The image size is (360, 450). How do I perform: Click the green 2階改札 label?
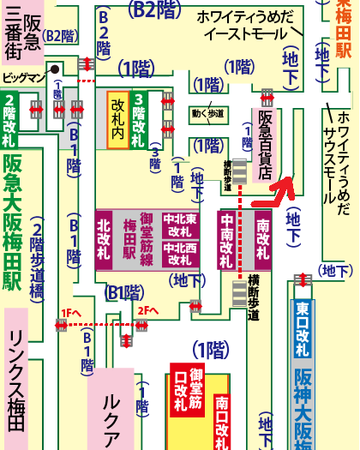click(11, 110)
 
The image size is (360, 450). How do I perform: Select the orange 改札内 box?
click(117, 119)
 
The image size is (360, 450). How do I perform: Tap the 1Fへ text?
click(70, 313)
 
